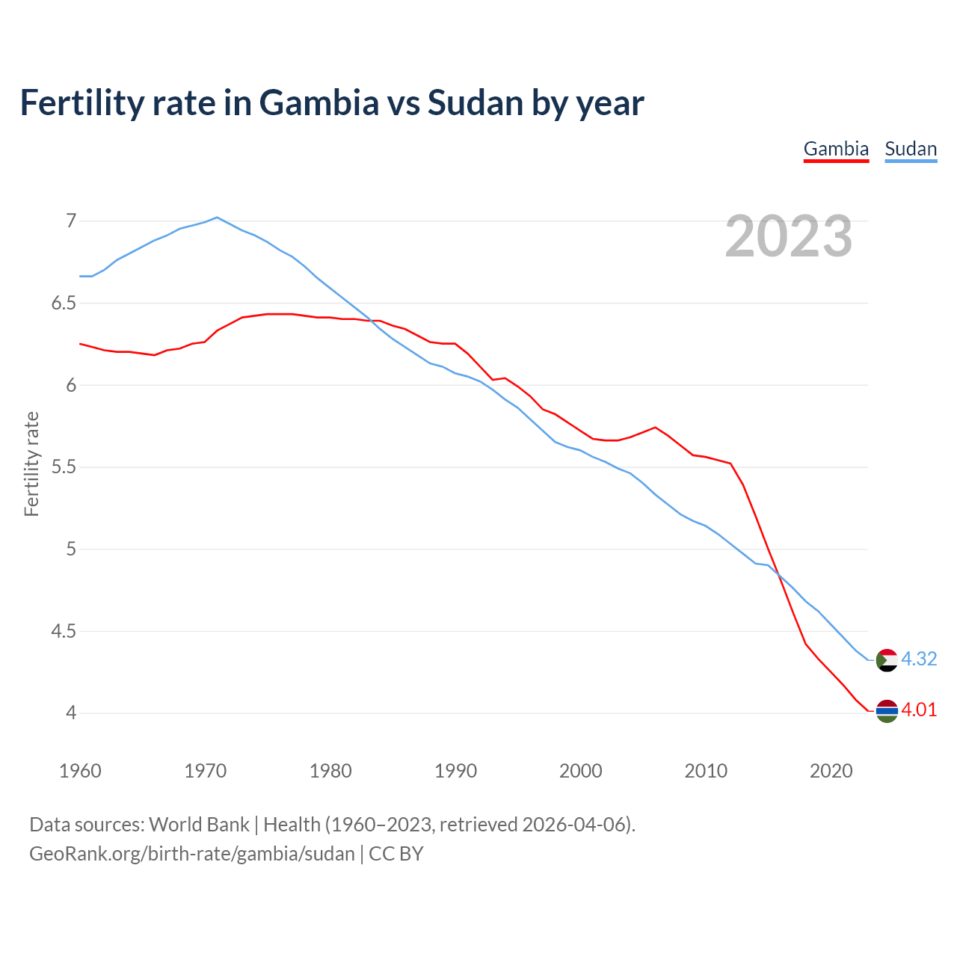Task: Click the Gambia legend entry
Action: [836, 149]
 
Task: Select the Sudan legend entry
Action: [911, 149]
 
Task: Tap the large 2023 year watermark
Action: [789, 236]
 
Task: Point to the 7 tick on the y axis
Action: [71, 221]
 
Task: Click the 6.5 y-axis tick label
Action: [64, 303]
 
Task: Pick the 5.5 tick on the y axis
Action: [64, 467]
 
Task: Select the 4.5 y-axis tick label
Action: [64, 631]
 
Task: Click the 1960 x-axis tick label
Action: [80, 771]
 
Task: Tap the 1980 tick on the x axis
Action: [330, 771]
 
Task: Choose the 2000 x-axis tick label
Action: [581, 771]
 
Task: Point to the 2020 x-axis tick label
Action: [831, 771]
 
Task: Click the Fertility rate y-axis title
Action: [31, 464]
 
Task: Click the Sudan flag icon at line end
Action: [887, 660]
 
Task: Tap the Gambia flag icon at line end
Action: [887, 711]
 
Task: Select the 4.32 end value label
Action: [919, 659]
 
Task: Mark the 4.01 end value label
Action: [919, 710]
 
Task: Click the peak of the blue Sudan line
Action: [217, 218]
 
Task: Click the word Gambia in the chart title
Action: [319, 102]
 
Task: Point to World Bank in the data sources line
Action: [199, 825]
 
